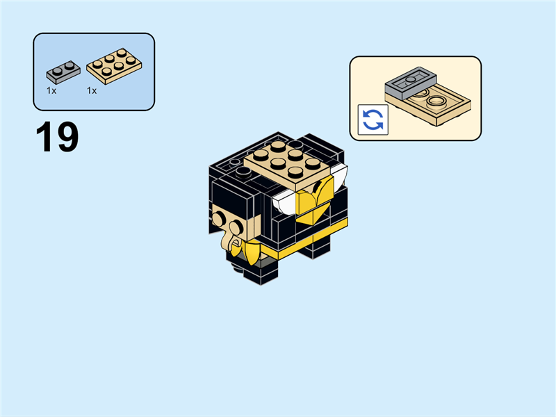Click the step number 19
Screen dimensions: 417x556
[x=57, y=138]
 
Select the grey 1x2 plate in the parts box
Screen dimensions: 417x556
[x=63, y=72]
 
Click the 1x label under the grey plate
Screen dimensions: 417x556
[x=51, y=91]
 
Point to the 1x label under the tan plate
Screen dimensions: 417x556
[x=91, y=91]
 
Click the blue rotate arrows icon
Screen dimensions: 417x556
[x=373, y=120]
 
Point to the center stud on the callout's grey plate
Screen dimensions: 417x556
[x=411, y=79]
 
